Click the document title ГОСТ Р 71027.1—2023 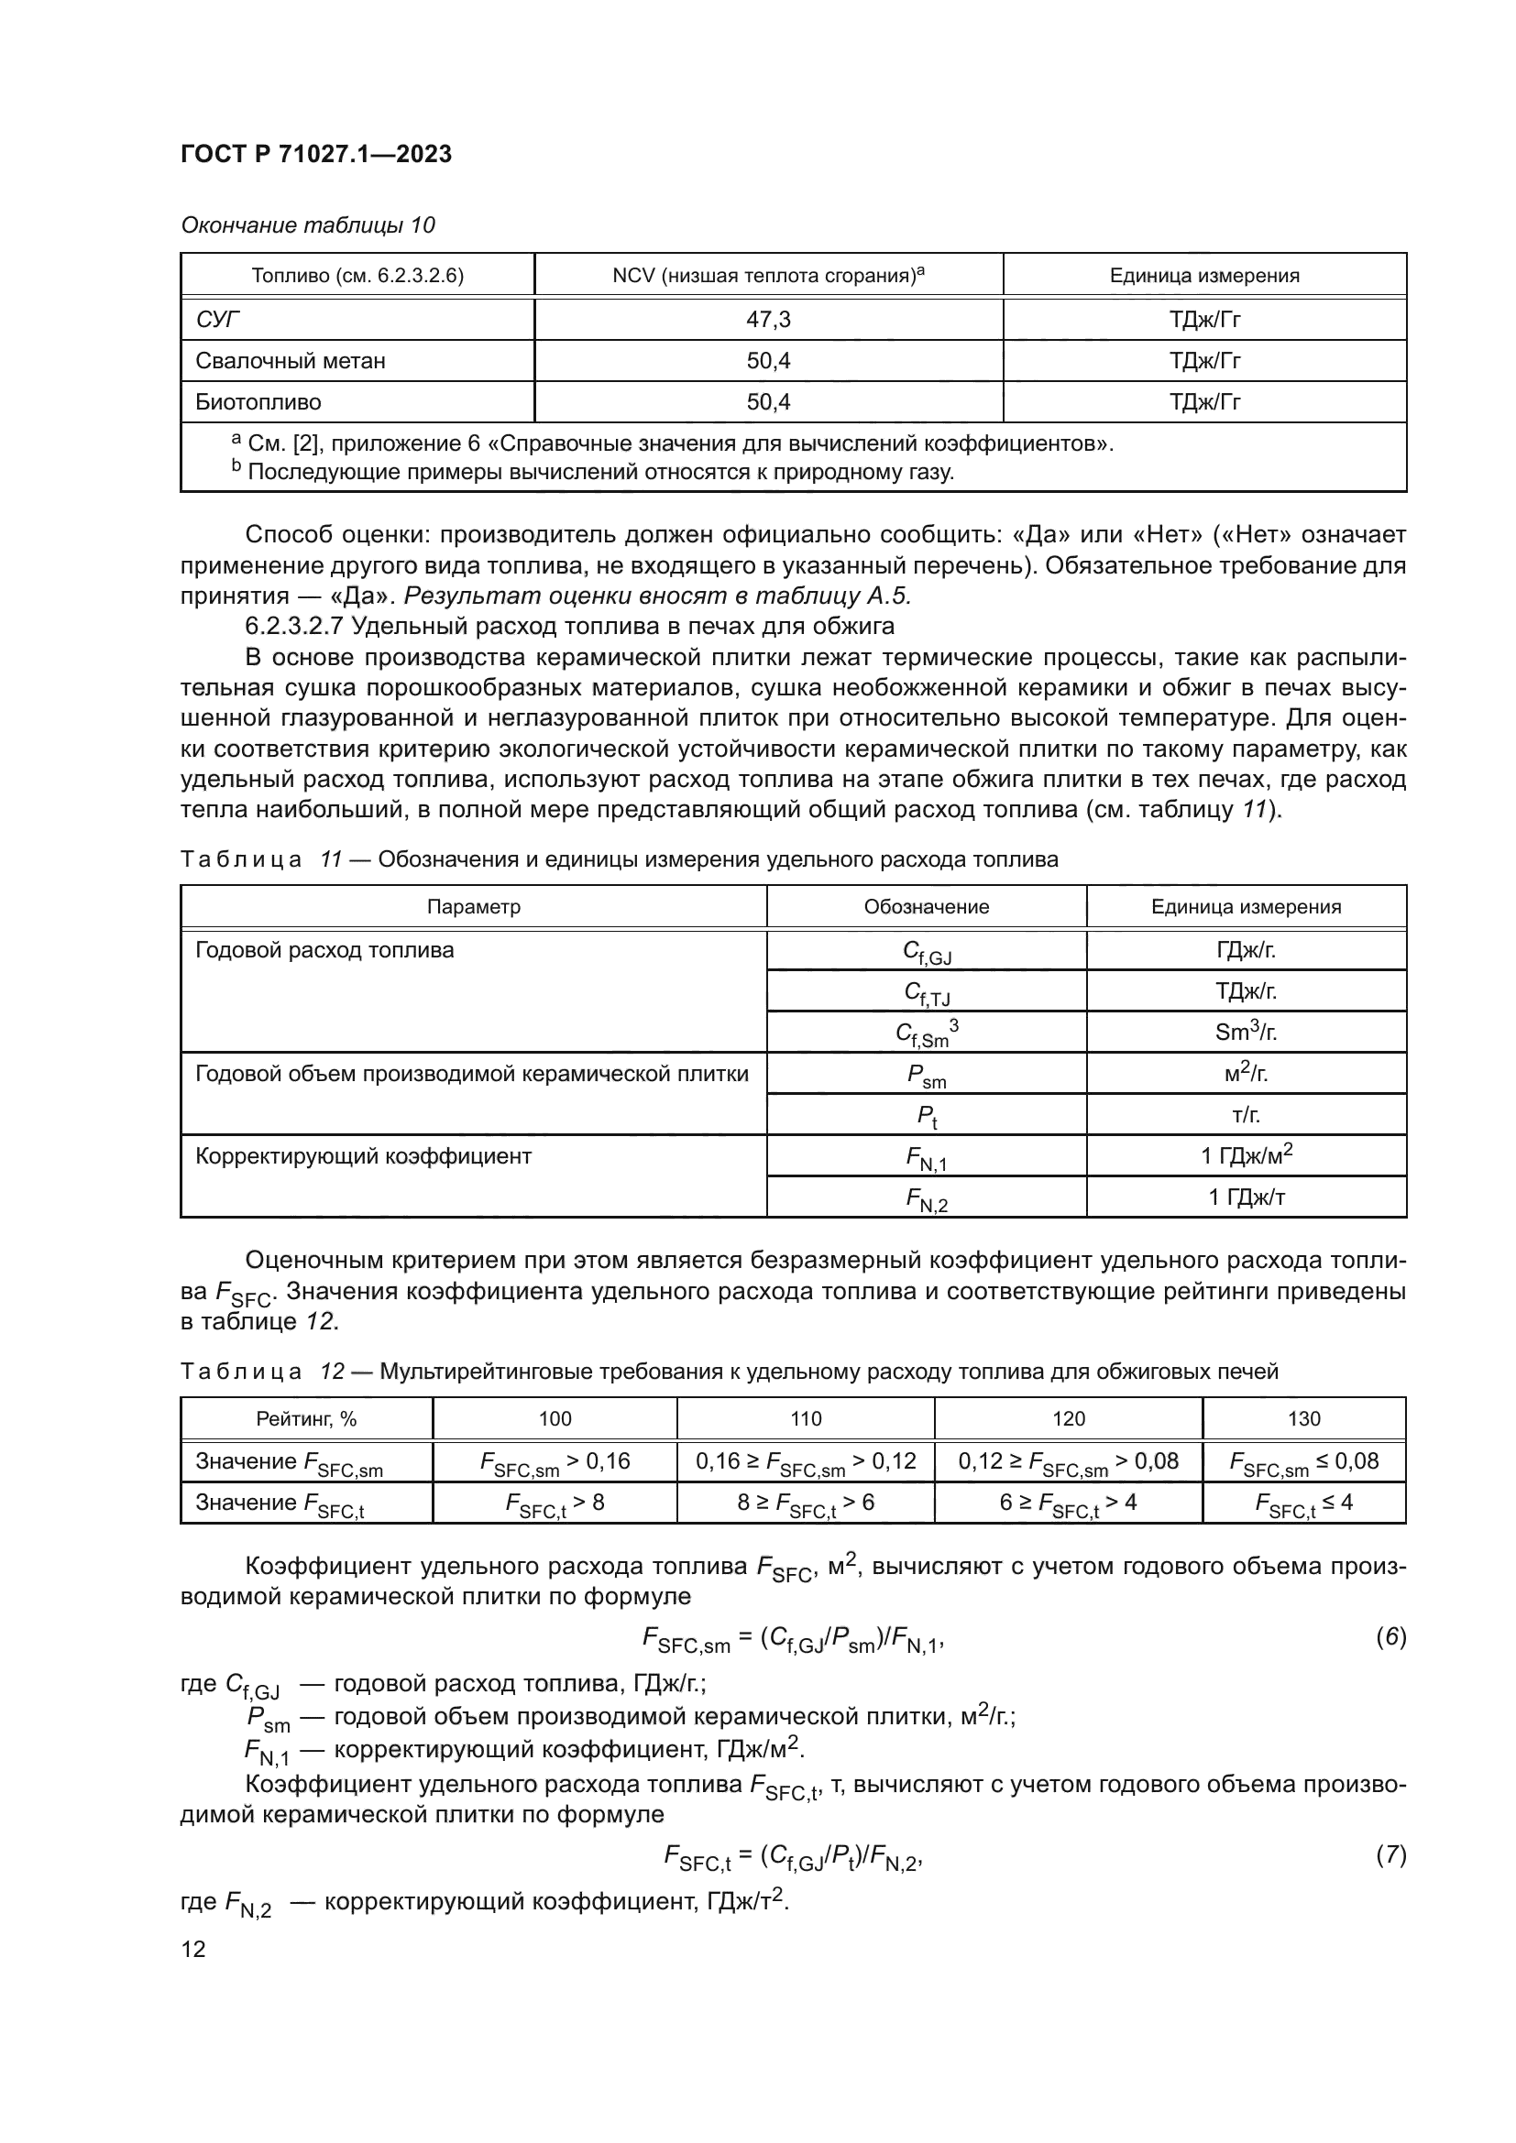315,154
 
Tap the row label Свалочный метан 290,360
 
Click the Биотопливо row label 258,402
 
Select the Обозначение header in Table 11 925,906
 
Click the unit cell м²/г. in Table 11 1246,1074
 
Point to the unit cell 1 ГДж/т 1246,1197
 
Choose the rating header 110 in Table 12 805,1418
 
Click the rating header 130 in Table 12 1303,1418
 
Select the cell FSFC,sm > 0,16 555,1461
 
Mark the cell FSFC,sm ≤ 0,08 1303,1461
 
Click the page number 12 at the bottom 193,1949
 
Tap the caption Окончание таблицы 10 307,225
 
